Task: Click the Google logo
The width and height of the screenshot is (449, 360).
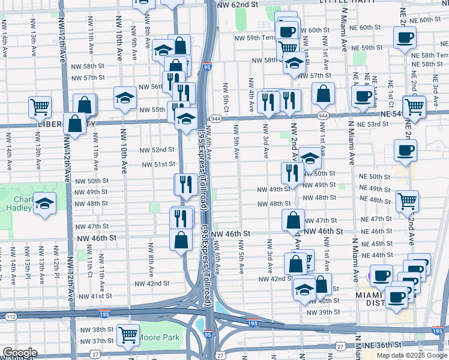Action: [19, 353]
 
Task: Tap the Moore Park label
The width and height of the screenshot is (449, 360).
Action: [158, 337]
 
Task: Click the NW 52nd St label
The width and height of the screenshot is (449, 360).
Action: [157, 149]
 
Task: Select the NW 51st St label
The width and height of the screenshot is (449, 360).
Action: [158, 164]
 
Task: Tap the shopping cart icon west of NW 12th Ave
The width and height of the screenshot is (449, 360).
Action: [40, 107]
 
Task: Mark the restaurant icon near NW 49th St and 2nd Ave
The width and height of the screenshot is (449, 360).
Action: [292, 173]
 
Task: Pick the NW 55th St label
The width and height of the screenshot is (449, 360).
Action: [152, 110]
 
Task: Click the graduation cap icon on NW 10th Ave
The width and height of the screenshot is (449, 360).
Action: [125, 97]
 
